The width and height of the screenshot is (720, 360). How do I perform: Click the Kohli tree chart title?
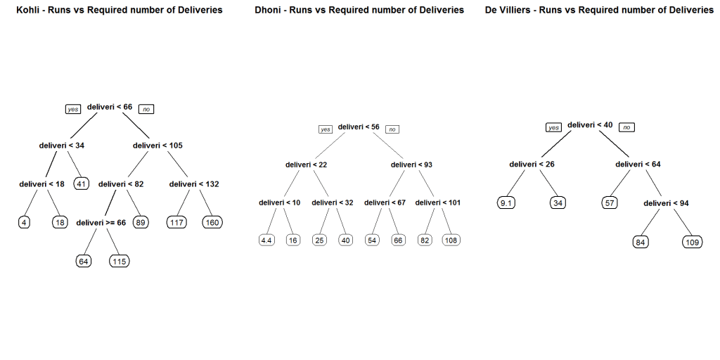point(119,10)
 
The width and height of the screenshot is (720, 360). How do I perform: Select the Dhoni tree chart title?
point(359,10)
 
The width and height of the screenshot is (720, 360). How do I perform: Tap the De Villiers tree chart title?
point(599,10)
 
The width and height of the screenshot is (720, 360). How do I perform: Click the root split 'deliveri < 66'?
point(110,107)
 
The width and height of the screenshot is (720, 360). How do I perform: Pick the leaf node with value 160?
point(212,222)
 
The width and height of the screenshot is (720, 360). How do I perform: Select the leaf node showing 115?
point(120,261)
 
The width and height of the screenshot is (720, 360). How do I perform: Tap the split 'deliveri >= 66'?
point(102,222)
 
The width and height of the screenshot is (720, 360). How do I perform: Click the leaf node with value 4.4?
point(266,240)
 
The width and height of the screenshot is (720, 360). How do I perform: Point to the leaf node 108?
point(451,240)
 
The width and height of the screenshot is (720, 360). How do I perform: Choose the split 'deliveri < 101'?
point(438,202)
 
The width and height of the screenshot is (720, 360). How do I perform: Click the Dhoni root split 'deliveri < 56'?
point(359,127)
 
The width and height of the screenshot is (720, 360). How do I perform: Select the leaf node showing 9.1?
point(506,203)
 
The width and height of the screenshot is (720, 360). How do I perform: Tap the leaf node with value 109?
point(692,242)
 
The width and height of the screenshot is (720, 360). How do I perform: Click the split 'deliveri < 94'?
point(666,203)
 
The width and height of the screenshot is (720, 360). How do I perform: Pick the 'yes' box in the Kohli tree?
point(73,109)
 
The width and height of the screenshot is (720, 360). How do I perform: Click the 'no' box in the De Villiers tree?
point(626,127)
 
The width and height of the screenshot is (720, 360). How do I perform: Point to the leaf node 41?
point(82,184)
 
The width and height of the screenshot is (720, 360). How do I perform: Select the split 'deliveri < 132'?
point(194,184)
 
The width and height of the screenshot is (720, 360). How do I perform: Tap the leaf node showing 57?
point(610,203)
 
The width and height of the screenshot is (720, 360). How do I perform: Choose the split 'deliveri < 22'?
point(306,165)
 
